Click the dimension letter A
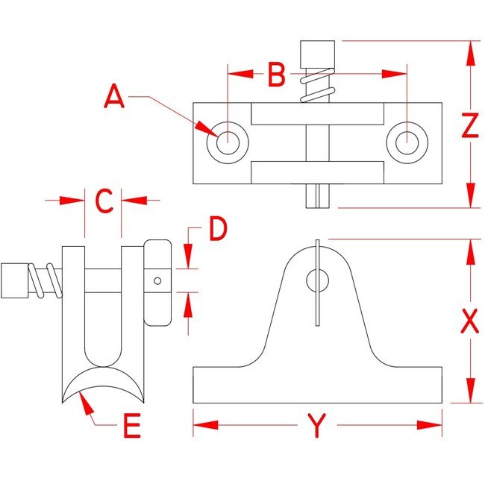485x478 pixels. click(114, 97)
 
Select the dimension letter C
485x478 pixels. click(104, 200)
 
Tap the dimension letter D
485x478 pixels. click(217, 230)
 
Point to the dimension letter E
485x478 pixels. click(131, 428)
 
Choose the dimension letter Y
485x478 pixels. click(318, 427)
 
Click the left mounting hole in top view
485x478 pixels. click(227, 139)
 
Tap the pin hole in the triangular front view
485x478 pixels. click(317, 280)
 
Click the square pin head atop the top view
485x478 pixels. click(318, 54)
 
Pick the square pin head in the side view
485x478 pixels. click(14, 280)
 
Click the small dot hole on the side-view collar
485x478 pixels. click(157, 281)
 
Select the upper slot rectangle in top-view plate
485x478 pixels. click(318, 114)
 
